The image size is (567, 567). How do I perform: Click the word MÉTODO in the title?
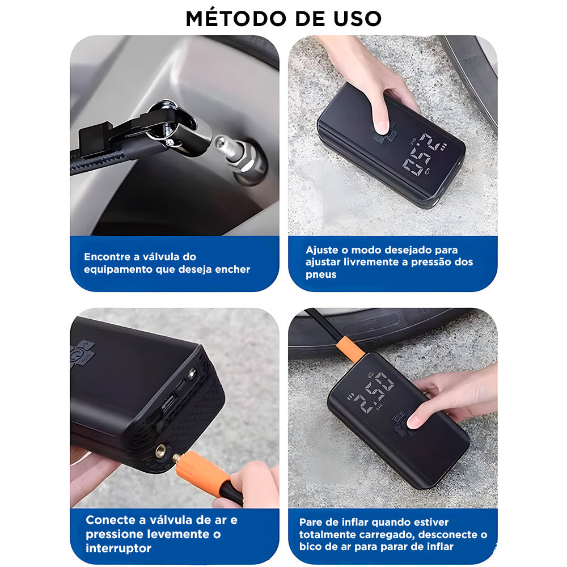tap(236, 19)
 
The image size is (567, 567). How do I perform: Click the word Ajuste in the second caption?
tap(323, 250)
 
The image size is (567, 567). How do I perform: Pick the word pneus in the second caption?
tap(321, 275)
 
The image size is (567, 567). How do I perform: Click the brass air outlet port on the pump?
tap(160, 451)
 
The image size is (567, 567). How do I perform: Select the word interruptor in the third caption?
tap(119, 548)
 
